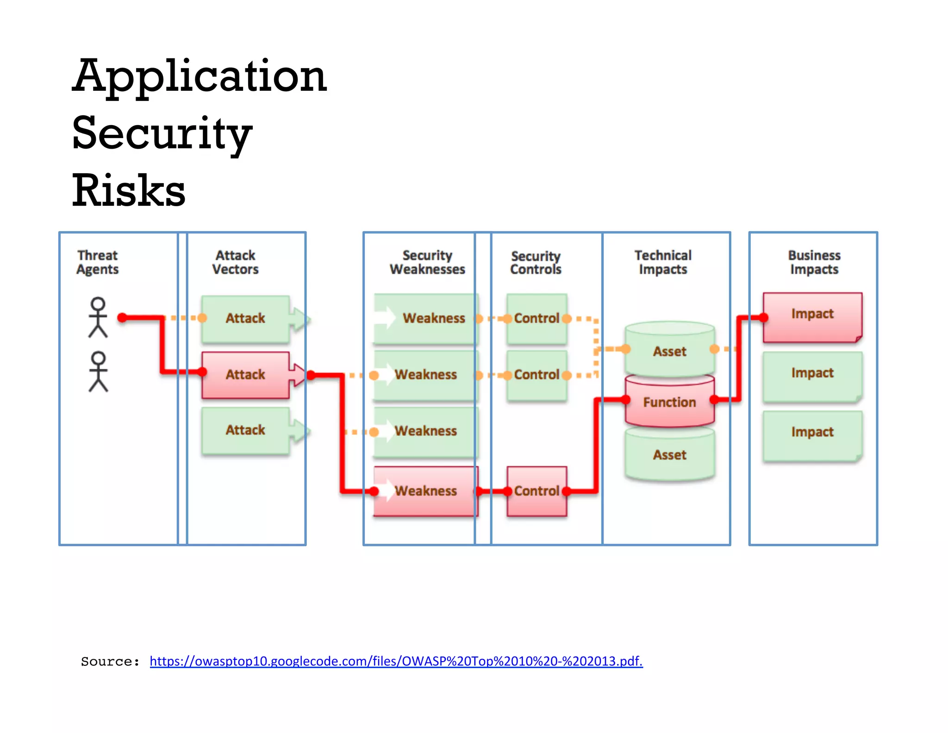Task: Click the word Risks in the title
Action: point(129,190)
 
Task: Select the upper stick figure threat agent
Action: point(98,317)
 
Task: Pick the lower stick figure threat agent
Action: point(98,372)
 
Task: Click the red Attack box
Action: point(245,374)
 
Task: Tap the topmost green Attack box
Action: point(245,318)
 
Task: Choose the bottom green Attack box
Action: point(245,430)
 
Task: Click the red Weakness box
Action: point(425,491)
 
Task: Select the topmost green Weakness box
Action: point(425,318)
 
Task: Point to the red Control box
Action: point(536,491)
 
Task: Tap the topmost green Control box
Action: point(536,318)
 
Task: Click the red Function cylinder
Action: point(669,402)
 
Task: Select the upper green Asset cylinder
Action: point(669,351)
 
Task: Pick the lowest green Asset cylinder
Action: point(669,455)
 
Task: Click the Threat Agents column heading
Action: point(97,262)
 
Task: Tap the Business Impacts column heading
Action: point(814,262)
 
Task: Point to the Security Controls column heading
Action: point(536,263)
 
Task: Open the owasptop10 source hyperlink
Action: point(396,661)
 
